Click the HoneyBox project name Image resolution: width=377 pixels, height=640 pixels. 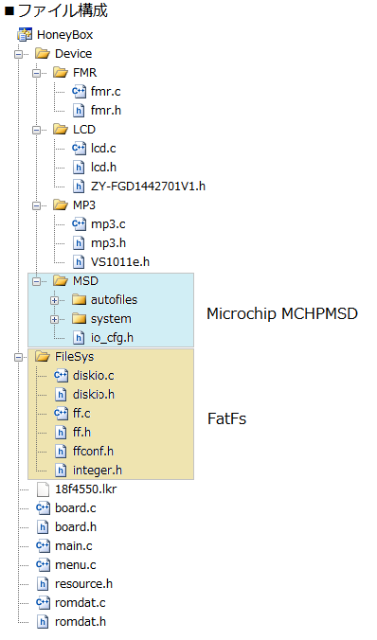pyautogui.click(x=64, y=35)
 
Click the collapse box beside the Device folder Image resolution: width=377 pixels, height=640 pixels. pyautogui.click(x=18, y=54)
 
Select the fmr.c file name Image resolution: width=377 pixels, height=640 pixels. pyautogui.click(x=105, y=92)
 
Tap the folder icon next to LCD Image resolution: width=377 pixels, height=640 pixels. pyautogui.click(x=60, y=130)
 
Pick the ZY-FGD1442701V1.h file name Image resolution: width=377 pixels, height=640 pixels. pyautogui.click(x=148, y=187)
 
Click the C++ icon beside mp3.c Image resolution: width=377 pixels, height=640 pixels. pyautogui.click(x=79, y=224)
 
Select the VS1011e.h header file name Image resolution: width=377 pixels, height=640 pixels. pyautogui.click(x=120, y=261)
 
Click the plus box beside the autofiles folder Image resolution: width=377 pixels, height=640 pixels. pyautogui.click(x=54, y=300)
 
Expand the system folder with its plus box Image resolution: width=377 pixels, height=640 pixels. pyautogui.click(x=54, y=319)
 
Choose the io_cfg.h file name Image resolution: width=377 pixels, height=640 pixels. pyautogui.click(x=112, y=338)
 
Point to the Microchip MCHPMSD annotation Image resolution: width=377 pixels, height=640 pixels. pyautogui.click(x=282, y=313)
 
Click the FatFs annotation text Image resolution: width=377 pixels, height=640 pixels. pyautogui.click(x=226, y=418)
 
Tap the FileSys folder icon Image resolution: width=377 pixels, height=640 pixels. pyautogui.click(x=42, y=357)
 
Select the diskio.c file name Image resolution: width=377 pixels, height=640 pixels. pyautogui.click(x=93, y=376)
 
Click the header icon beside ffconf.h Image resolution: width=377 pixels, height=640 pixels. pyautogui.click(x=61, y=451)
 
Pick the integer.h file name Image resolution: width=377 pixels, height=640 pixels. pyautogui.click(x=98, y=471)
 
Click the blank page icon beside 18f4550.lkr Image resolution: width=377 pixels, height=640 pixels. pyautogui.click(x=43, y=489)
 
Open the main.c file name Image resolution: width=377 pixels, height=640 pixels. pyautogui.click(x=74, y=545)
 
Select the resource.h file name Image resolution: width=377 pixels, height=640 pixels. pyautogui.click(x=83, y=584)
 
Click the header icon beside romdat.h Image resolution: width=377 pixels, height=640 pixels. pyautogui.click(x=43, y=622)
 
